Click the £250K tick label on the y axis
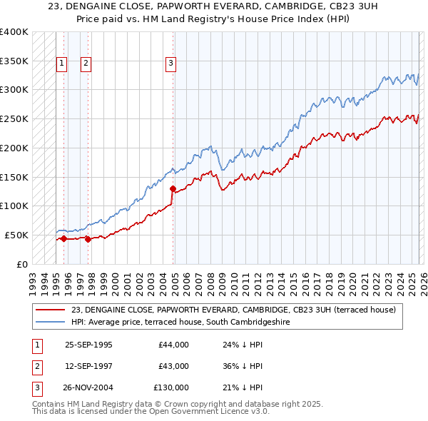click(14, 119)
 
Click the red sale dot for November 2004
click(173, 189)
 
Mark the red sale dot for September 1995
click(64, 238)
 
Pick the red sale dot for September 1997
click(88, 239)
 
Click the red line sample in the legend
click(51, 310)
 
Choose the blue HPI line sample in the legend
click(51, 322)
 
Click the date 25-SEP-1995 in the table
click(88, 345)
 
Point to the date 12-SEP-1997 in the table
click(88, 366)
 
